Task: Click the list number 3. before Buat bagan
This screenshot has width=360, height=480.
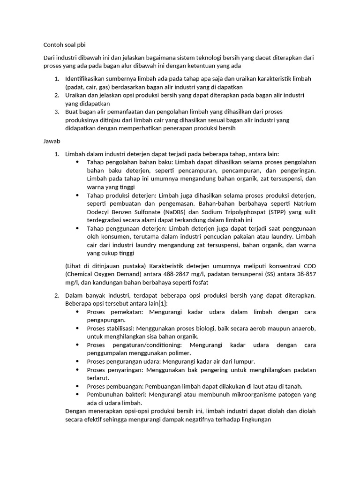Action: click(56, 112)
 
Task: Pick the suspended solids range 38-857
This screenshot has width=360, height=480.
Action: click(302, 274)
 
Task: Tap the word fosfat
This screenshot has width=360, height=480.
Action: click(197, 283)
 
